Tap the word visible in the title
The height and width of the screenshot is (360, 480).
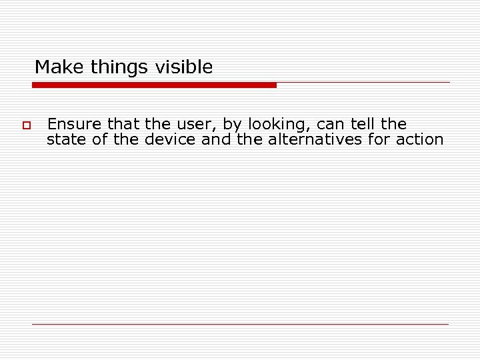click(x=184, y=67)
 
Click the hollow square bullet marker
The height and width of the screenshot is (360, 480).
click(x=27, y=125)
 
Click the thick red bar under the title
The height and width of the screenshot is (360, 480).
click(x=154, y=85)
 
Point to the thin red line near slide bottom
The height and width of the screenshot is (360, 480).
click(x=240, y=324)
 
